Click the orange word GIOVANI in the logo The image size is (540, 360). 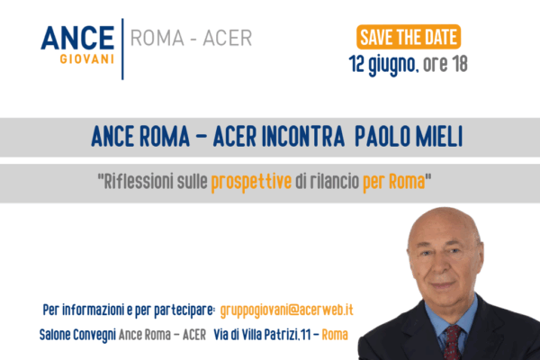pyautogui.click(x=86, y=58)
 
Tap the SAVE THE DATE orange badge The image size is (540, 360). pyautogui.click(x=409, y=37)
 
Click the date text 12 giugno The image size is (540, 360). pyautogui.click(x=382, y=65)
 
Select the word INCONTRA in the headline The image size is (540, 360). pyautogui.click(x=303, y=137)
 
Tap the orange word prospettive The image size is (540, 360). pyautogui.click(x=251, y=182)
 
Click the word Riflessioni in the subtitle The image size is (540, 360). pyautogui.click(x=139, y=181)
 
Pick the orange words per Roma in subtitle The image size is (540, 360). pyautogui.click(x=393, y=182)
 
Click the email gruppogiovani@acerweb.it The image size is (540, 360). pyautogui.click(x=286, y=310)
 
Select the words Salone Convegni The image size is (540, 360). pyautogui.click(x=77, y=335)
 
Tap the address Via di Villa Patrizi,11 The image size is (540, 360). pyautogui.click(x=262, y=335)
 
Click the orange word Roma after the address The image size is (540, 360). pyautogui.click(x=335, y=335)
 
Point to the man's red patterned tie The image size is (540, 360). pyautogui.click(x=452, y=342)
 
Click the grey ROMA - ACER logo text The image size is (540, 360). pyautogui.click(x=191, y=38)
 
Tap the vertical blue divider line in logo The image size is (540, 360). pyautogui.click(x=122, y=49)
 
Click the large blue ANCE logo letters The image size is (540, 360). pyautogui.click(x=77, y=38)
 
